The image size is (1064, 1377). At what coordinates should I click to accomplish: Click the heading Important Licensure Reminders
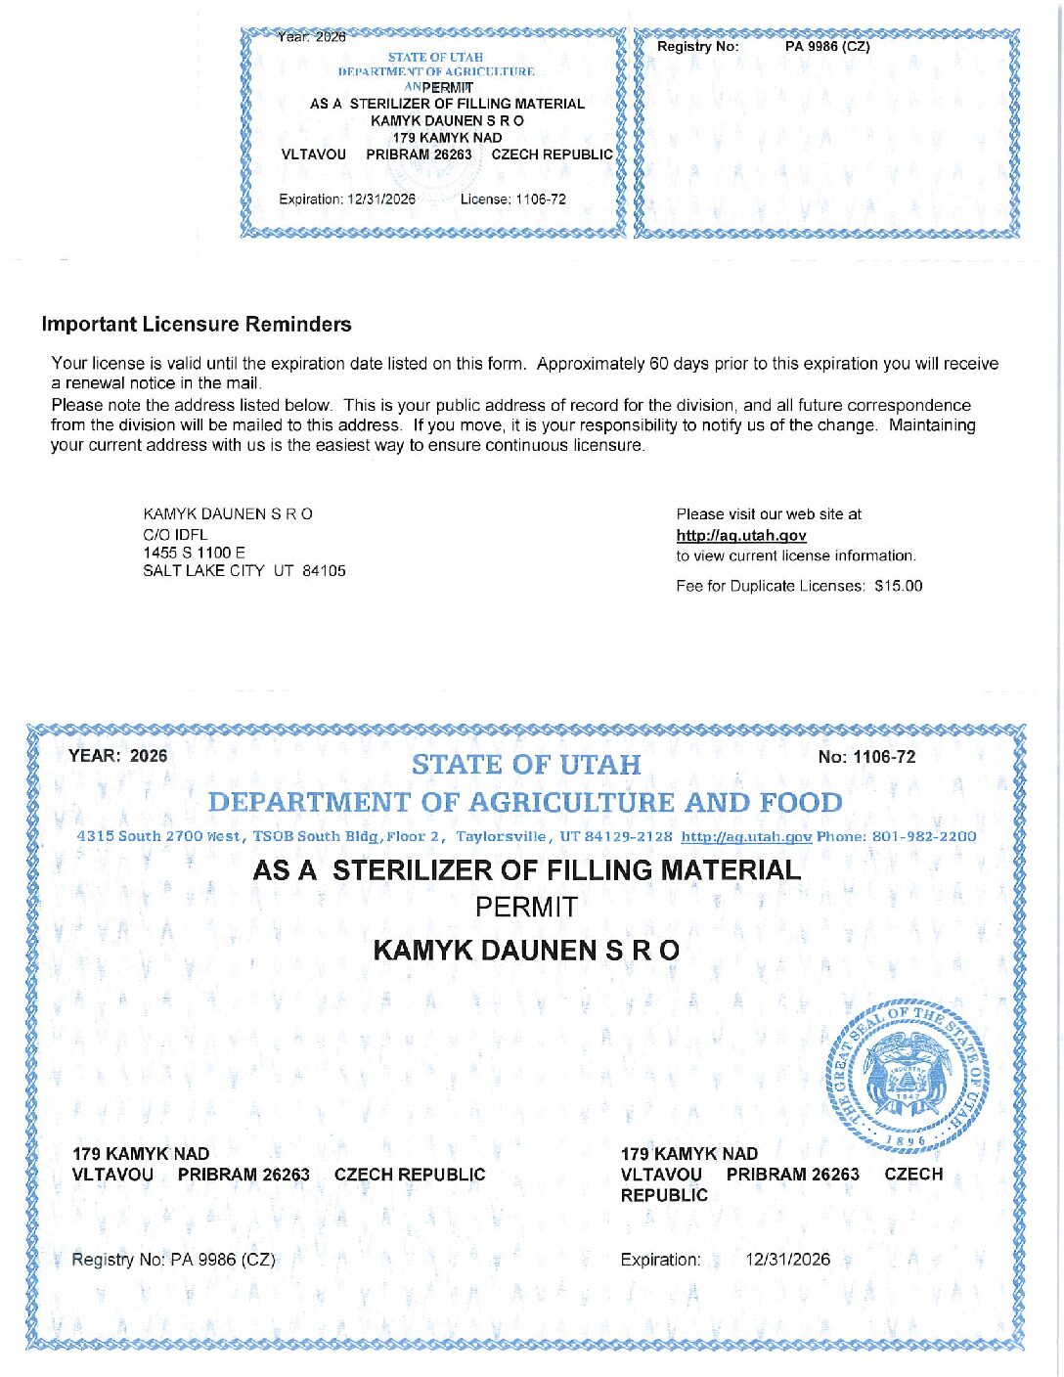pyautogui.click(x=196, y=325)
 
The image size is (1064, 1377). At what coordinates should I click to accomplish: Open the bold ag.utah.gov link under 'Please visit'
pyautogui.click(x=740, y=535)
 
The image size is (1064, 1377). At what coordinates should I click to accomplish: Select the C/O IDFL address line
pyautogui.click(x=175, y=534)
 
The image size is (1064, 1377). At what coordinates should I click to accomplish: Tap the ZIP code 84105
pyautogui.click(x=324, y=571)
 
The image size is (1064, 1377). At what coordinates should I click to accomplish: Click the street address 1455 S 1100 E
pyautogui.click(x=194, y=553)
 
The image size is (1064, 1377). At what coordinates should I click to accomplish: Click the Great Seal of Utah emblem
pyautogui.click(x=909, y=1077)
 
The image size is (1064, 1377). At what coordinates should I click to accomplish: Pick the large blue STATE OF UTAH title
pyautogui.click(x=526, y=765)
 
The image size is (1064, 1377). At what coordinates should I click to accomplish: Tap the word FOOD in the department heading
pyautogui.click(x=801, y=803)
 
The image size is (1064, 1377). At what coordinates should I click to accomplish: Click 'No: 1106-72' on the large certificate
pyautogui.click(x=866, y=757)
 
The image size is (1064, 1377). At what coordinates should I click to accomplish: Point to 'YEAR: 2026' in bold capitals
pyautogui.click(x=117, y=756)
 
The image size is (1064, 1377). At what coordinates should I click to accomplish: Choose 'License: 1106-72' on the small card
pyautogui.click(x=512, y=200)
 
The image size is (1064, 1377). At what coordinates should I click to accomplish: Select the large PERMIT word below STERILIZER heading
pyautogui.click(x=526, y=908)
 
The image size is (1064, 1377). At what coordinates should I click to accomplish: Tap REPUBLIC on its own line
pyautogui.click(x=664, y=1195)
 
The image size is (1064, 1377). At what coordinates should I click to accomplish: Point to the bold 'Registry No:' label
pyautogui.click(x=697, y=47)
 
